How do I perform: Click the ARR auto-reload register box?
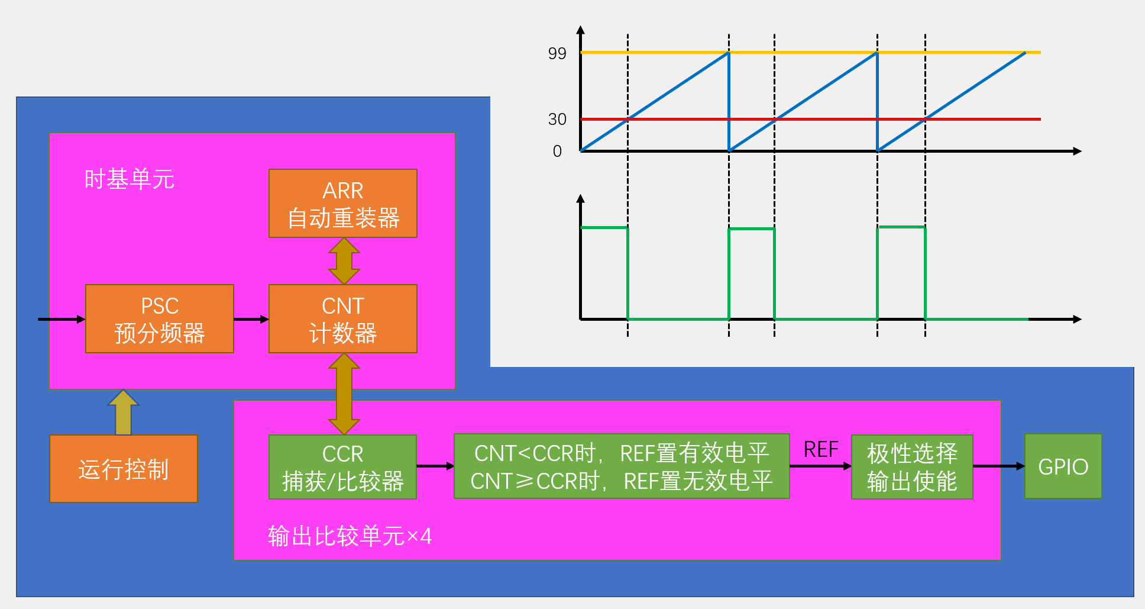coord(342,204)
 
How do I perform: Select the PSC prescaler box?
coord(159,319)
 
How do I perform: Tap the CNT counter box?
coord(342,319)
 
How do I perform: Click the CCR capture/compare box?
coord(342,467)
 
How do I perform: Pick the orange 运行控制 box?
coord(124,469)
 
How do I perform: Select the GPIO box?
coord(1063,466)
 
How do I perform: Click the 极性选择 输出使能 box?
coord(911,467)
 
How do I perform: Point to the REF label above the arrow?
coord(820,450)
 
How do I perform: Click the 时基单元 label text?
coord(129,179)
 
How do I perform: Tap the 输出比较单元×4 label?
coord(350,536)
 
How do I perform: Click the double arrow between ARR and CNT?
coord(344,261)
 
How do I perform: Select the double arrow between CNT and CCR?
coord(344,394)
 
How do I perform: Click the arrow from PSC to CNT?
coord(251,320)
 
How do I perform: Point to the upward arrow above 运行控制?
coord(123,413)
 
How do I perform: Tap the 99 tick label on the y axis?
coord(557,54)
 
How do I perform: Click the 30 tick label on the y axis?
coord(557,120)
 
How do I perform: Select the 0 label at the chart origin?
coord(557,152)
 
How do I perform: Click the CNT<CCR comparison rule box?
coord(621,466)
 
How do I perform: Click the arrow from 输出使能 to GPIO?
coord(998,466)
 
